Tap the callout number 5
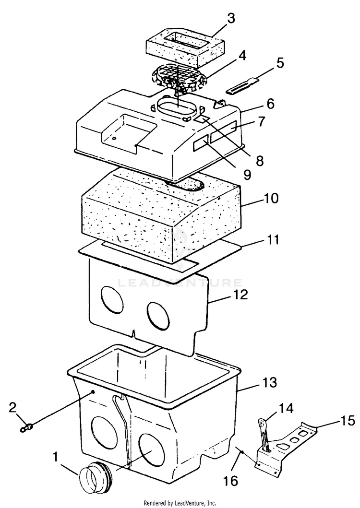(x=280, y=63)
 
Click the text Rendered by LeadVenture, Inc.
(x=180, y=503)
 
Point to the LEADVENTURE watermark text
(x=180, y=283)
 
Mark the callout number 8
(x=260, y=160)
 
